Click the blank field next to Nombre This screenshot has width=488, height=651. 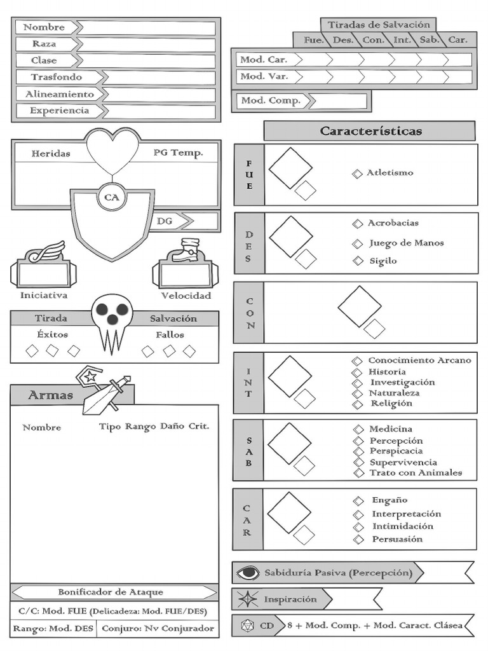tap(146, 27)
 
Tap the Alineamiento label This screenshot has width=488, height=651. tap(59, 94)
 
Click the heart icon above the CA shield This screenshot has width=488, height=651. tap(112, 150)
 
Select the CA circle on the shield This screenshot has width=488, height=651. tap(112, 198)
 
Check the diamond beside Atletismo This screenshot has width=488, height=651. tap(358, 174)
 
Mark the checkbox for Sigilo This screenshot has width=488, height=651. tap(358, 261)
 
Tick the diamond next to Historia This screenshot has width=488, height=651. tap(358, 372)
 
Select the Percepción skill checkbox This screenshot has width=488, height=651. tap(358, 441)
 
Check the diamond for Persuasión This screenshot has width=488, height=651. tap(359, 540)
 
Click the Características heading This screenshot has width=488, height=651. tap(370, 132)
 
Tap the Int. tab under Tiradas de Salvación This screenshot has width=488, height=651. tap(402, 40)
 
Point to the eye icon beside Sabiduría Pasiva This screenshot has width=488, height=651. tap(248, 573)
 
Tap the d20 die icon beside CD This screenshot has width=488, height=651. tap(246, 626)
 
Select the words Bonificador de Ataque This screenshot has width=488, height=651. tap(111, 592)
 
